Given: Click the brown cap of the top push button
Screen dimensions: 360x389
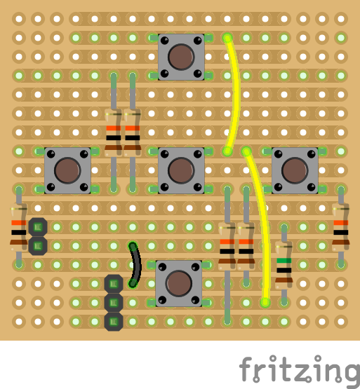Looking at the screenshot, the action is (181, 57).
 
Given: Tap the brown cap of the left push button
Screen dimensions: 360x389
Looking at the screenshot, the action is (67, 170).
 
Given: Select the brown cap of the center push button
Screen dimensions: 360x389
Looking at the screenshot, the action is (181, 170).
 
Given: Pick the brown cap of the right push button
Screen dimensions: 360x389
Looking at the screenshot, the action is (295, 170).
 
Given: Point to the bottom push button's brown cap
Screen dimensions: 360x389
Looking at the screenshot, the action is (179, 283).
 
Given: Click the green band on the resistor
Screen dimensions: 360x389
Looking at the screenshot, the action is (284, 261).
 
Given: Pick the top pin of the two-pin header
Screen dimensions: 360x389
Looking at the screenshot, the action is (38, 227).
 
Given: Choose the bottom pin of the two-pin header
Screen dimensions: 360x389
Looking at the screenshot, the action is (38, 246).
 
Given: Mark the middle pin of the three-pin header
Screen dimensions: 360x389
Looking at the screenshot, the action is (114, 303).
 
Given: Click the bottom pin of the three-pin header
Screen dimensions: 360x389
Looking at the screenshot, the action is (114, 322).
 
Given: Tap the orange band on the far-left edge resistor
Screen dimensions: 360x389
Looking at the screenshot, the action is (19, 223).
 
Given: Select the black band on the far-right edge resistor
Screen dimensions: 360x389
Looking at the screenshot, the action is (341, 233).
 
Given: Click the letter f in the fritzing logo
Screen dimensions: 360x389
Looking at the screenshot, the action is (246, 369).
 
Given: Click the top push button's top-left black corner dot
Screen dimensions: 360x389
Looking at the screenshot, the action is (164, 40).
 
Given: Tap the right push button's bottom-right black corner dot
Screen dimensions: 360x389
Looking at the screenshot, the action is (312, 187).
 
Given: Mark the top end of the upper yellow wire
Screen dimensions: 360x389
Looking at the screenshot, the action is (227, 38).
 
